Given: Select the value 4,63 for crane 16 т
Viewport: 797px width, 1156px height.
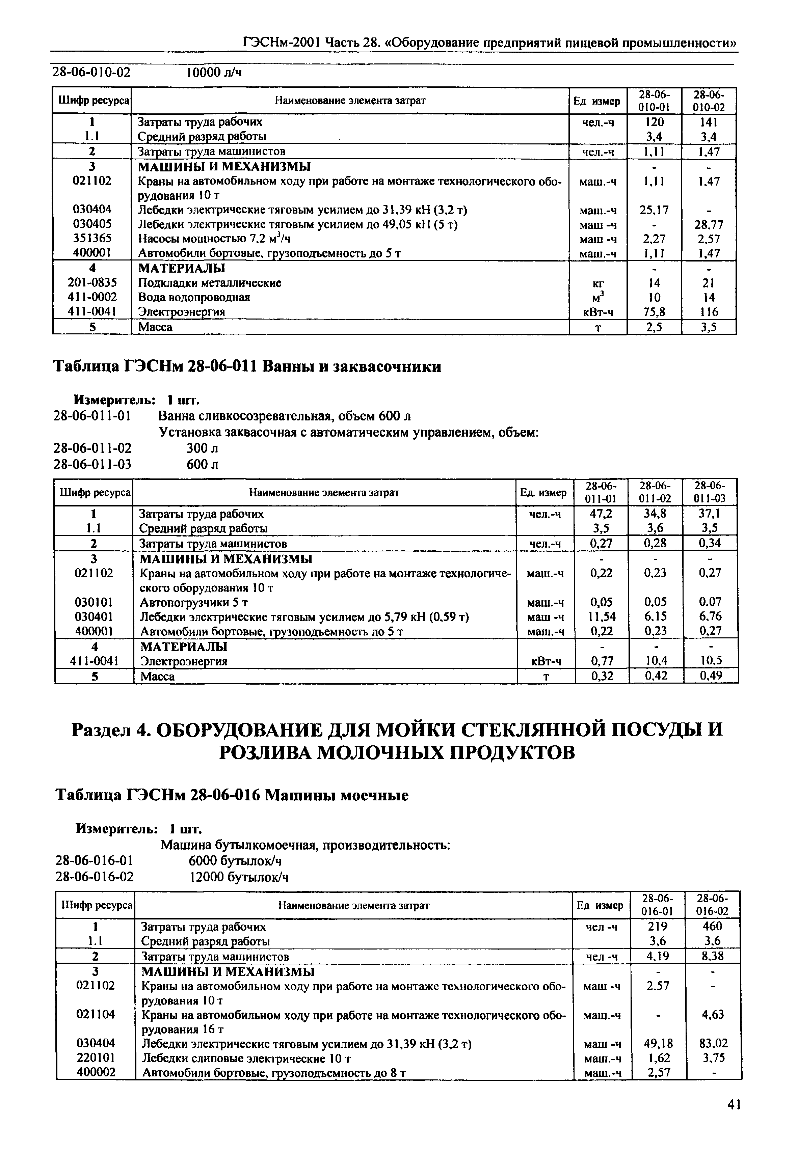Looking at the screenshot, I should pos(713,1015).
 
